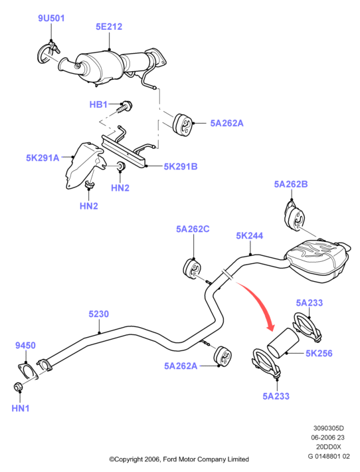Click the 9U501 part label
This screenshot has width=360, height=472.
click(51, 18)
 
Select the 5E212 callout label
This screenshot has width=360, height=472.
click(109, 27)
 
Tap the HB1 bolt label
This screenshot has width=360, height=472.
click(98, 104)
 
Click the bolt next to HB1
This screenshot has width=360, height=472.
click(124, 107)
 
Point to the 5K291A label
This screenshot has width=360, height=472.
click(43, 158)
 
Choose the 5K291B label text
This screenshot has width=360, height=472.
click(181, 166)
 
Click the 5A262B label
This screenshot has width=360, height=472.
click(291, 184)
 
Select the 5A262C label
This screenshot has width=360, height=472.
click(193, 229)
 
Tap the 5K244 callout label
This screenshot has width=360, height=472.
click(249, 236)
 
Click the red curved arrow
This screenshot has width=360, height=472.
click(259, 301)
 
